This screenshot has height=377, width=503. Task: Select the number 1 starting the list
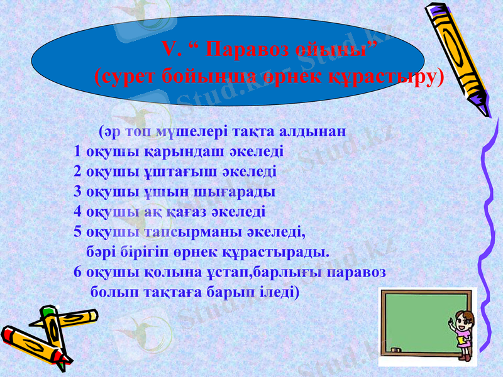(77, 151)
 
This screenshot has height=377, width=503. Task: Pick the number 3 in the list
(77, 191)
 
